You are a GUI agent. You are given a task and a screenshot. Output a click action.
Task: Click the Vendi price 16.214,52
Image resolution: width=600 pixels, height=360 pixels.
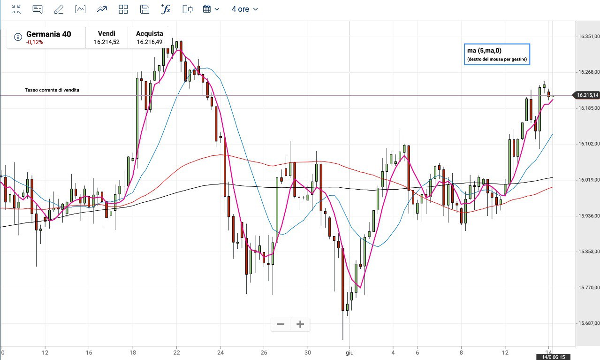[x=106, y=42]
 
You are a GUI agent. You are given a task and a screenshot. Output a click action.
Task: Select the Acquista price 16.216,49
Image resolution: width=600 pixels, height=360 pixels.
[x=150, y=42]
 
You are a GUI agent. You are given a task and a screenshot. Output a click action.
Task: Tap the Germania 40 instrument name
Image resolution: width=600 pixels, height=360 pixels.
[x=49, y=34]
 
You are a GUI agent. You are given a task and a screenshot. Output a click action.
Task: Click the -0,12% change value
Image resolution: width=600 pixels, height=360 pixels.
[x=35, y=42]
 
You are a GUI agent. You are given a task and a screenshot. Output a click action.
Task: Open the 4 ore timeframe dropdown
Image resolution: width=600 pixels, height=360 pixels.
[x=244, y=9]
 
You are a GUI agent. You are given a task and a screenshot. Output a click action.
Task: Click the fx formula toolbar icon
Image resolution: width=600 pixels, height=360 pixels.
[x=166, y=9]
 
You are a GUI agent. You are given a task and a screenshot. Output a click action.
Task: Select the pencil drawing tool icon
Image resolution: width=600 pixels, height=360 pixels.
[x=59, y=9]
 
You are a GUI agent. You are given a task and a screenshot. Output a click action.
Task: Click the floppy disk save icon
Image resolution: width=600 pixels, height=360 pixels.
[x=145, y=9]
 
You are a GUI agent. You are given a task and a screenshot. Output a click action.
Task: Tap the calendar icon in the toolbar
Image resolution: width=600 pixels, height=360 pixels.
[x=207, y=9]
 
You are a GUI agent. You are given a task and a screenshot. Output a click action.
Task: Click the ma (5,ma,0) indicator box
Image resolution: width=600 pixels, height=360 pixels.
[x=497, y=54]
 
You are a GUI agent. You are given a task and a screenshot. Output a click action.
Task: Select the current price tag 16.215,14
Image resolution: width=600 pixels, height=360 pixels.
[x=587, y=95]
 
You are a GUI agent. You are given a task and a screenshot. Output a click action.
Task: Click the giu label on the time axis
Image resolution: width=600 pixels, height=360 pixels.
[x=349, y=352]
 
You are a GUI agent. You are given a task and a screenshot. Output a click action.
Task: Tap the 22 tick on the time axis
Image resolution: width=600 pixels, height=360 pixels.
[x=176, y=352]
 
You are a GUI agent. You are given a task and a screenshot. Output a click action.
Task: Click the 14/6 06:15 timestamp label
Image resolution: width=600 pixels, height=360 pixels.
[x=553, y=357]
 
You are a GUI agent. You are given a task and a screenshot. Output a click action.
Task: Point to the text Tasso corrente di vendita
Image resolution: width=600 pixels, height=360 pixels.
[x=52, y=90]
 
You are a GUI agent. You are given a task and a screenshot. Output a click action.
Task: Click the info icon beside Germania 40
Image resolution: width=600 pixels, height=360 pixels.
[x=18, y=37]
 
